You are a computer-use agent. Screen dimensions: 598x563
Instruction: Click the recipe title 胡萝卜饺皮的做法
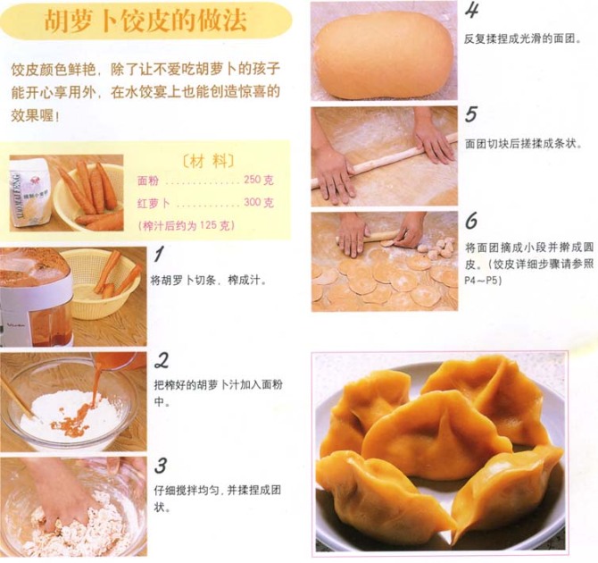click(145, 20)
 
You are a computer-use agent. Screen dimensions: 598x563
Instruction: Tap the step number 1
click(160, 254)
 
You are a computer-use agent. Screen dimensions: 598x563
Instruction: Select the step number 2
click(162, 360)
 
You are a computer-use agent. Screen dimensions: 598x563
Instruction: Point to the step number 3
click(161, 466)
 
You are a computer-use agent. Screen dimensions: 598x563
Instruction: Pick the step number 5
click(471, 113)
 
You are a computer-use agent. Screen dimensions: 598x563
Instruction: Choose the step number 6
click(471, 220)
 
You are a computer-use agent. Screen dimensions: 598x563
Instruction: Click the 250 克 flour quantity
click(259, 180)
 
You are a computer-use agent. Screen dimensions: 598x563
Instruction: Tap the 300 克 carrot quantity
click(259, 202)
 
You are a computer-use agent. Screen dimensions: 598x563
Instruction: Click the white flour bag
click(31, 195)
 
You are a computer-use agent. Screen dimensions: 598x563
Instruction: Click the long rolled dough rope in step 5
click(385, 161)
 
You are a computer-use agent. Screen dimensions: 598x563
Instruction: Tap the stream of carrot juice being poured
click(96, 382)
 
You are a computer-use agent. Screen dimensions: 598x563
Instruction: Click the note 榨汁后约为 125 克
click(187, 225)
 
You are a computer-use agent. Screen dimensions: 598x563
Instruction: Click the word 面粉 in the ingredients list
click(148, 181)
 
